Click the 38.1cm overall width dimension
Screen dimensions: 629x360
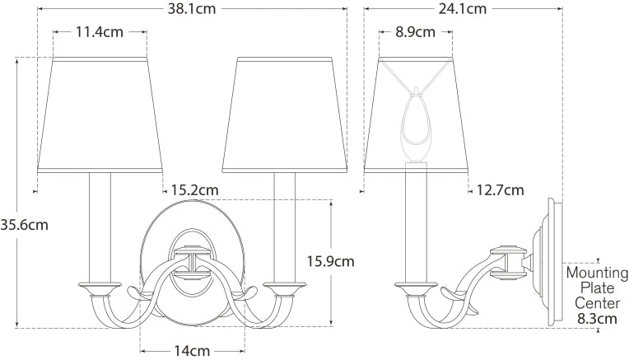tap(191, 8)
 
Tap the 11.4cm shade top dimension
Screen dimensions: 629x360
tap(100, 31)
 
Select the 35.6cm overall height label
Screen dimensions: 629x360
tap(24, 225)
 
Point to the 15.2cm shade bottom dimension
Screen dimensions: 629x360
tap(195, 189)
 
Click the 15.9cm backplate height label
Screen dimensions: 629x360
tap(331, 261)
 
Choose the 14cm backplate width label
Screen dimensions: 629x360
tap(192, 351)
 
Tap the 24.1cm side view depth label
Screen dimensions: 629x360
tap(462, 8)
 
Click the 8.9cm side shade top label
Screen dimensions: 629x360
tap(415, 31)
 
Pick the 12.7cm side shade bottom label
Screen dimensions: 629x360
tap(501, 189)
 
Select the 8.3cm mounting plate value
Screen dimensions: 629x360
tap(598, 319)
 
